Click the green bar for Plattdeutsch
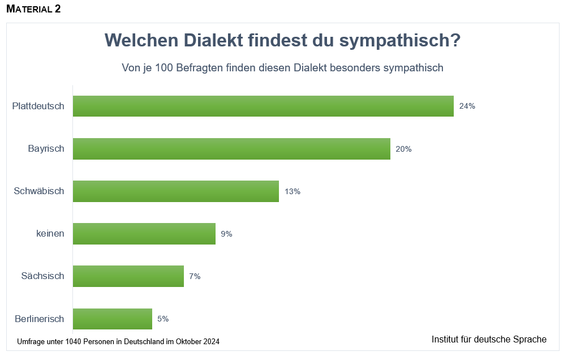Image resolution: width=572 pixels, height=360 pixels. point(263,106)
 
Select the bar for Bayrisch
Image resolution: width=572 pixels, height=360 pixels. point(231,149)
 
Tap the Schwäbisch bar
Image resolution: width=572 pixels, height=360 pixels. point(176,191)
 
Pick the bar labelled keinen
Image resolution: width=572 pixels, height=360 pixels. point(144,234)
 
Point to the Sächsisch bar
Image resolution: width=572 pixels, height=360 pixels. point(128,276)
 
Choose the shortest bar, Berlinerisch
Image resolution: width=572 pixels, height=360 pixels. point(113,319)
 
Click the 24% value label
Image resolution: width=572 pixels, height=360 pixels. point(467,106)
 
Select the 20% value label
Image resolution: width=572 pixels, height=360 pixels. point(404,149)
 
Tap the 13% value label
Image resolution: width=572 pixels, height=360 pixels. point(293,191)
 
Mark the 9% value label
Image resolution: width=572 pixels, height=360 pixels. point(227,234)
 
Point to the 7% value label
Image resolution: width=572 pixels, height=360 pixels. point(195,276)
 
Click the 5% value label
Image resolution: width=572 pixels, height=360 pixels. point(163,319)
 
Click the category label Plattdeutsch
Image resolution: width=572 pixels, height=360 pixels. point(38,106)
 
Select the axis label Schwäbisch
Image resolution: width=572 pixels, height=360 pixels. point(39,191)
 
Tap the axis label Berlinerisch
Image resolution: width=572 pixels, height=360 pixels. point(40,319)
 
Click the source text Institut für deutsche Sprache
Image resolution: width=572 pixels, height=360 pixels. point(489,340)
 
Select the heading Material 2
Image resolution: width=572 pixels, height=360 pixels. point(33,9)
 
